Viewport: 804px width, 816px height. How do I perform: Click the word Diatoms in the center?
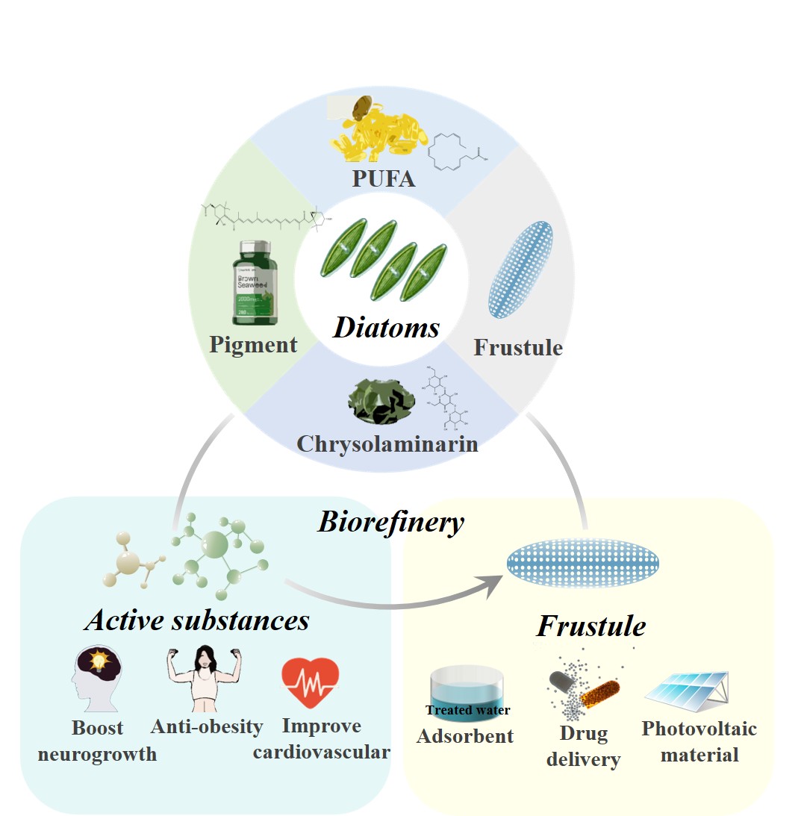[386, 326]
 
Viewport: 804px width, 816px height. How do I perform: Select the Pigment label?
[253, 345]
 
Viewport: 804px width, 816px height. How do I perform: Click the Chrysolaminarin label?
[387, 443]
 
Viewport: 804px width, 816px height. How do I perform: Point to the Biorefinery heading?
[390, 522]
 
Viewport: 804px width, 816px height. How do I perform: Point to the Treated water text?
[467, 710]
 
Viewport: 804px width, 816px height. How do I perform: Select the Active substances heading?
[197, 620]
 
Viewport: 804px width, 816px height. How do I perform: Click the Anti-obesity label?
[207, 726]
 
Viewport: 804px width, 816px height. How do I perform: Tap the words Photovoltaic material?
[699, 741]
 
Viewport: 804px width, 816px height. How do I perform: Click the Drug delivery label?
[583, 747]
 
